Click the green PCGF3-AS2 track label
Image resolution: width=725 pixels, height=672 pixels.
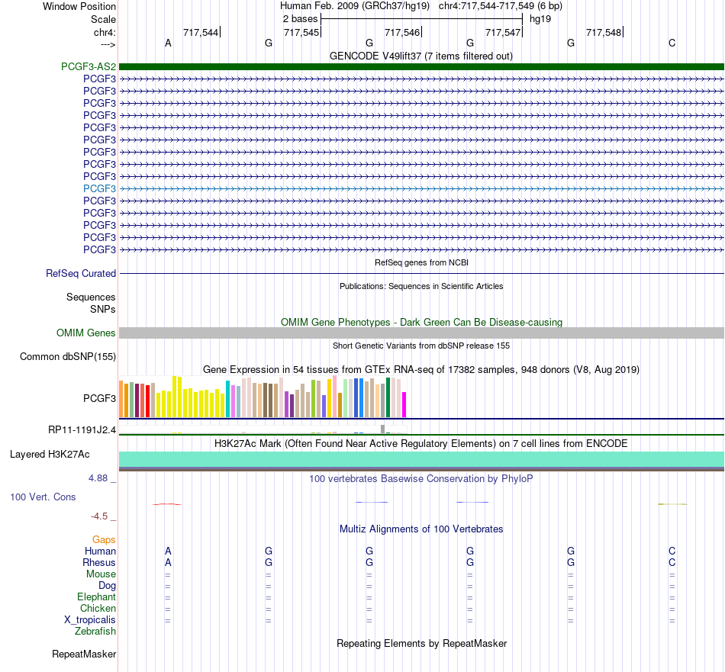click(x=89, y=66)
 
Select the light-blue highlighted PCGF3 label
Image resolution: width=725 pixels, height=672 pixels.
click(x=99, y=188)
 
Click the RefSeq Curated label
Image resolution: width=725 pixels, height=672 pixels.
click(x=81, y=273)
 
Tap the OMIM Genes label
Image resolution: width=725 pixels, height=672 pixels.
click(x=86, y=333)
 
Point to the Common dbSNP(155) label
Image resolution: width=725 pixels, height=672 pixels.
click(x=68, y=356)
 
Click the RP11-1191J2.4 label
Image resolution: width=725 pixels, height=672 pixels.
click(x=82, y=430)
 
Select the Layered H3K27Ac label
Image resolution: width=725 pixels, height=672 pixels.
click(x=50, y=455)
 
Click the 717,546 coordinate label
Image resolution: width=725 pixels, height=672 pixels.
click(x=402, y=32)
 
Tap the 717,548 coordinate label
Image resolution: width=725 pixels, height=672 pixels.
click(x=604, y=32)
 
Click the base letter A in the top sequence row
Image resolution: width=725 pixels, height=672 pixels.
click(x=169, y=43)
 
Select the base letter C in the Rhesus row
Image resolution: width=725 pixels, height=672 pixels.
click(x=672, y=562)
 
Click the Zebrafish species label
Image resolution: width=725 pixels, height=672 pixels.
click(x=95, y=631)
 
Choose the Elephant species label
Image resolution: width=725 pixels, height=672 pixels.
click(x=96, y=596)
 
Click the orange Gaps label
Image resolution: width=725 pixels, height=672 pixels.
click(x=104, y=539)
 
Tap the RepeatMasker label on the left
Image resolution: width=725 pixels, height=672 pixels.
click(x=84, y=654)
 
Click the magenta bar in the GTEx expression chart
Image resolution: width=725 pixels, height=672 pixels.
click(x=404, y=405)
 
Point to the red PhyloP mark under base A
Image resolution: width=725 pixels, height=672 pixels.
click(x=167, y=503)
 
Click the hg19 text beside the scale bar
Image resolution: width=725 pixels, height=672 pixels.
click(x=540, y=19)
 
